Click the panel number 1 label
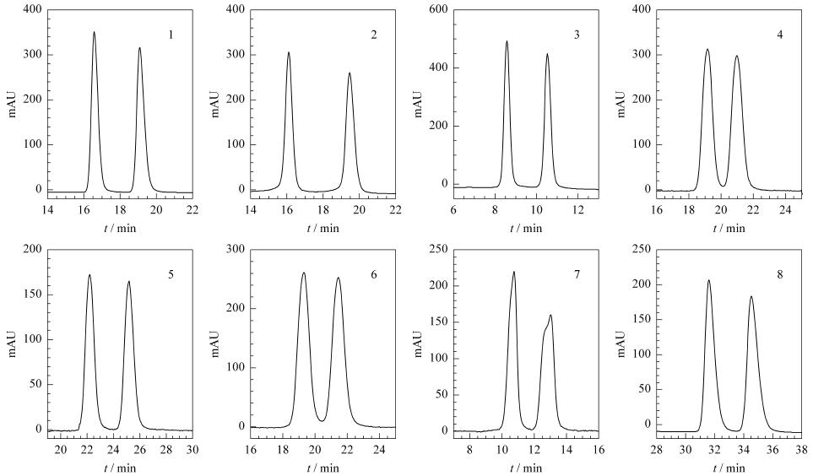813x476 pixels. pyautogui.click(x=171, y=35)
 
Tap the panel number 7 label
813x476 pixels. pyautogui.click(x=577, y=275)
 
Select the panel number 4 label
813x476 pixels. pyautogui.click(x=780, y=35)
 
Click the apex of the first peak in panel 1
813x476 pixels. pyautogui.click(x=94, y=32)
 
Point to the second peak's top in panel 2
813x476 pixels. pyautogui.click(x=350, y=73)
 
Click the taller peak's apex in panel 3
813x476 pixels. pyautogui.click(x=507, y=41)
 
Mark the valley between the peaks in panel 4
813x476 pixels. pyautogui.click(x=723, y=186)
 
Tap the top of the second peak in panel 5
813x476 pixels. pyautogui.click(x=128, y=282)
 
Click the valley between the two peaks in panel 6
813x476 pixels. pyautogui.click(x=322, y=420)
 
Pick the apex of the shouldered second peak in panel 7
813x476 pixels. pyautogui.click(x=550, y=316)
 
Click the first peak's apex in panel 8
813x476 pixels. pyautogui.click(x=708, y=280)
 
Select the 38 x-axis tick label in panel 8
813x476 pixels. pyautogui.click(x=801, y=449)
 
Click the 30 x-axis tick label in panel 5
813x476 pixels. pyautogui.click(x=192, y=449)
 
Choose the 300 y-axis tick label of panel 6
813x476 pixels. pyautogui.click(x=236, y=250)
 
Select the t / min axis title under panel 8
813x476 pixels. pyautogui.click(x=729, y=468)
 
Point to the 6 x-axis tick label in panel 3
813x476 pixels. pyautogui.click(x=453, y=209)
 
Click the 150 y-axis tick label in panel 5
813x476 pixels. pyautogui.click(x=33, y=295)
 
